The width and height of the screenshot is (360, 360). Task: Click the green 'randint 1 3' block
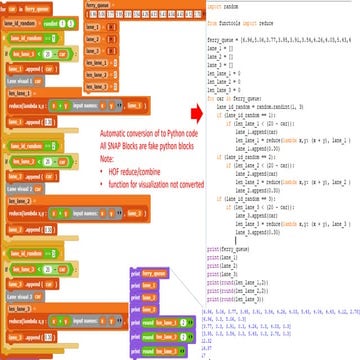pyautogui.click(x=69, y=20)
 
